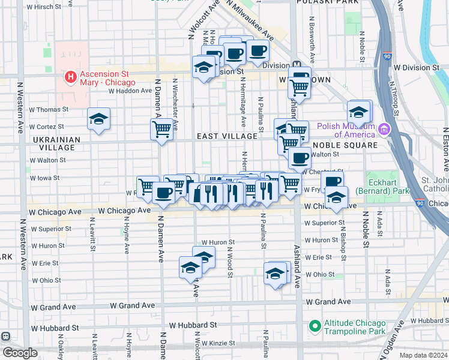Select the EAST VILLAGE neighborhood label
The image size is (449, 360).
coord(228,136)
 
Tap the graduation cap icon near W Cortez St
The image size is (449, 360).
coord(98,119)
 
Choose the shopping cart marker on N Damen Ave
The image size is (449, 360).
coord(161,129)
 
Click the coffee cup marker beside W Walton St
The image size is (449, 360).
coord(300,158)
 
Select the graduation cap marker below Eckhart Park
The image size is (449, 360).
coord(337,197)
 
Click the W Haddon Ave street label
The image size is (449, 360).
coord(130,91)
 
